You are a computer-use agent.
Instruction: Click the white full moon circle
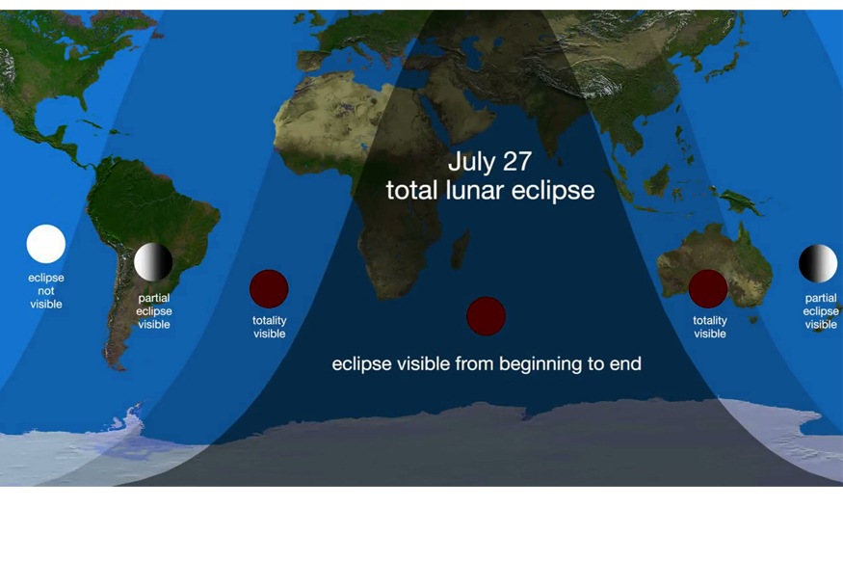click(46, 244)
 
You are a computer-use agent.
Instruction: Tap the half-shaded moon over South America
click(153, 262)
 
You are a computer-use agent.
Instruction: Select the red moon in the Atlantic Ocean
click(269, 289)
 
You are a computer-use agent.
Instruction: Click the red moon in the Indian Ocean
click(486, 316)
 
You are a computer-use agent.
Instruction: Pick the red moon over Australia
click(708, 289)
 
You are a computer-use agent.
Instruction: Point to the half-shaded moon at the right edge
click(818, 264)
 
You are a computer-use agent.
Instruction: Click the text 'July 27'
click(489, 161)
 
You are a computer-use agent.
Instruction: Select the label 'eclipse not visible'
click(46, 291)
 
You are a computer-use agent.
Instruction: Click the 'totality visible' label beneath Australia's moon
click(710, 327)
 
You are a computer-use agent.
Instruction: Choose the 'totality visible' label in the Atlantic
click(270, 327)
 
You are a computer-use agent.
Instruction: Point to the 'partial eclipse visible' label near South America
click(154, 311)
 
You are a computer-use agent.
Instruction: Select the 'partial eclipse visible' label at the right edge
click(821, 311)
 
